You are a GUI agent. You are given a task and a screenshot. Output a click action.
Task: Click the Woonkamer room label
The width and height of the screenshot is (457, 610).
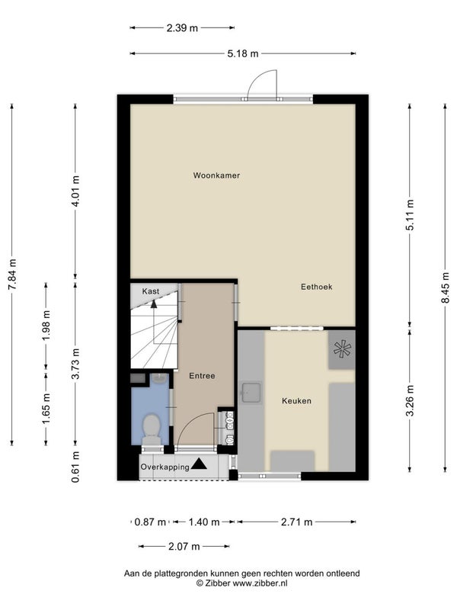(216, 175)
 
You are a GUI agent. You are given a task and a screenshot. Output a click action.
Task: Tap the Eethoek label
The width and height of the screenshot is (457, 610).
(317, 287)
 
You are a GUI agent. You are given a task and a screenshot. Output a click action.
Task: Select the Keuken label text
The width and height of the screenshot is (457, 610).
(296, 401)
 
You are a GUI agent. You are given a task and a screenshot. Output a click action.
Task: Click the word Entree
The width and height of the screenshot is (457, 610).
(202, 376)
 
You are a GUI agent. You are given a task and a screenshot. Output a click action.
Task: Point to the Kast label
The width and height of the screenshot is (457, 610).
(150, 291)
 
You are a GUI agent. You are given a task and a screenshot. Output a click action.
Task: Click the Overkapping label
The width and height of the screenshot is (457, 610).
(165, 467)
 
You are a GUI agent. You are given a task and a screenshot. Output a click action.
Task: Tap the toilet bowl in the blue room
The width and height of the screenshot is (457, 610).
(152, 428)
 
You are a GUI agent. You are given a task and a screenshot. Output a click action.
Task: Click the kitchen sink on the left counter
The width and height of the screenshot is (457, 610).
(251, 393)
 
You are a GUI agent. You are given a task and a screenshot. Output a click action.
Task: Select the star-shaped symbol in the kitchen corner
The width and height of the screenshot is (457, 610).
(342, 349)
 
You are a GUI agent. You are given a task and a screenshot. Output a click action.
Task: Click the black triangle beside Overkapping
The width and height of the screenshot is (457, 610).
(199, 464)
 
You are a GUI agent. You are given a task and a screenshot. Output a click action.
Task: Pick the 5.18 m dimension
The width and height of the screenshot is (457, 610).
(243, 53)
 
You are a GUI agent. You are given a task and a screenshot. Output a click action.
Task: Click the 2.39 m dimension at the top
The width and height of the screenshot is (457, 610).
(182, 27)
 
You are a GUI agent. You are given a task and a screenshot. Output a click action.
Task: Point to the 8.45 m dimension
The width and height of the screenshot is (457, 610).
(446, 287)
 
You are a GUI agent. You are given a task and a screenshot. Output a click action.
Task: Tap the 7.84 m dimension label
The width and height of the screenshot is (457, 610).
(12, 274)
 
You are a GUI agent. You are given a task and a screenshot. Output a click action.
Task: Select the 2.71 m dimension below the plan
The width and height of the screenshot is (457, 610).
(297, 522)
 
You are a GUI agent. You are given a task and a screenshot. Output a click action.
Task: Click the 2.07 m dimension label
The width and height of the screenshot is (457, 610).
(184, 547)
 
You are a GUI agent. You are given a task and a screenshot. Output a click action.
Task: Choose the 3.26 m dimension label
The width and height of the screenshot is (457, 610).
(410, 400)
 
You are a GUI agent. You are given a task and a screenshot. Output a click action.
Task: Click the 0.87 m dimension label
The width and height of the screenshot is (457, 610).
(150, 522)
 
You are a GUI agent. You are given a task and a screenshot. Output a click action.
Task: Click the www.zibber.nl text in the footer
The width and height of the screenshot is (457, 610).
(260, 583)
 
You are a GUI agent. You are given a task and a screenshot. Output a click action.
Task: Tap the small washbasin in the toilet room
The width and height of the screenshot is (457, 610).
(158, 378)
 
